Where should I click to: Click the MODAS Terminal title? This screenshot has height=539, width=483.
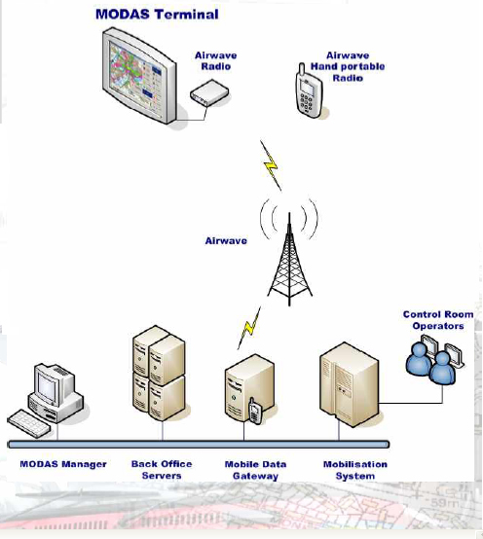pos(157,14)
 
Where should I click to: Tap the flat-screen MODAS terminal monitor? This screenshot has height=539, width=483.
pos(140,76)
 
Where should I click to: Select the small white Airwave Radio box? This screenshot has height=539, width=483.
pos(209,92)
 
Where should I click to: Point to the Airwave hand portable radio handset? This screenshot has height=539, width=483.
pos(309,91)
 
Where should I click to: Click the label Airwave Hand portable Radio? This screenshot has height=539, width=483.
pos(348,67)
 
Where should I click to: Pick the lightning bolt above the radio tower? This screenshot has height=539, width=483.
pos(271,165)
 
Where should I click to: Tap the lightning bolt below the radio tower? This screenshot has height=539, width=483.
pos(249,328)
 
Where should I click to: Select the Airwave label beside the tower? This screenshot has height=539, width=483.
pos(226,240)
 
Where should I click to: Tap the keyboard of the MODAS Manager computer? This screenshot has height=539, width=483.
pos(28,423)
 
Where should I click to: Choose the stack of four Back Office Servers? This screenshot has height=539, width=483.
pos(159,373)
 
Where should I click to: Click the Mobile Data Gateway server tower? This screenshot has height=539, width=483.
pos(249,388)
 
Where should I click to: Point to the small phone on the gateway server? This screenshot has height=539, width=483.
pos(255,411)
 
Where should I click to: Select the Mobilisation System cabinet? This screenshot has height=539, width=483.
pos(350,384)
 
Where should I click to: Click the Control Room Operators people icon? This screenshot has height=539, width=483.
pos(434,360)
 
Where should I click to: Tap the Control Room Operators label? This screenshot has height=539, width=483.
pos(438,320)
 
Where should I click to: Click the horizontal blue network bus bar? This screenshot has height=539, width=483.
pos(199,445)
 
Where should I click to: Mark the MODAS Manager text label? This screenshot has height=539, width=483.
pos(63,464)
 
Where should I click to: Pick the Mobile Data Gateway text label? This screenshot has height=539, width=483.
pos(255,470)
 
